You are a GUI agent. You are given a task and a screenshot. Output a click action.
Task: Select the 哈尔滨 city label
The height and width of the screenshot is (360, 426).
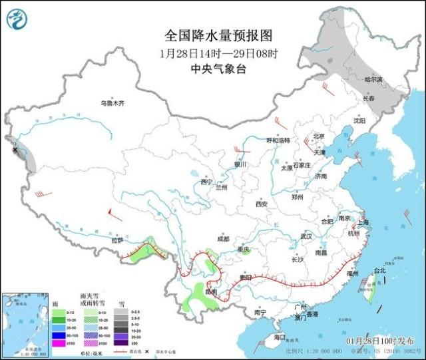373,79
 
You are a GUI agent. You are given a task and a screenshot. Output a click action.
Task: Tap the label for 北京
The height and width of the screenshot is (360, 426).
318,136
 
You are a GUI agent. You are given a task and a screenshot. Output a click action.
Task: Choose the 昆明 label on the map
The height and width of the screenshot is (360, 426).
211,291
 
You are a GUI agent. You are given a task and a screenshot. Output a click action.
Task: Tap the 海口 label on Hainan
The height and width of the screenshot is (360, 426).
280,338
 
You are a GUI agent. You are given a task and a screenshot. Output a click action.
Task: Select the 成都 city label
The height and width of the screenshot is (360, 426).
222,238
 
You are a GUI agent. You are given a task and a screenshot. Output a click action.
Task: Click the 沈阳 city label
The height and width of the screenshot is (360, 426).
359,121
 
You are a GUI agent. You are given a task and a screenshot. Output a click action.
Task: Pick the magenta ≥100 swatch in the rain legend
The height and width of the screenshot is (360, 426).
59,343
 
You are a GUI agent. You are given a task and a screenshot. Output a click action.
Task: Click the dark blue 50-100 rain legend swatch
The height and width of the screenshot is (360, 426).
59,335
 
